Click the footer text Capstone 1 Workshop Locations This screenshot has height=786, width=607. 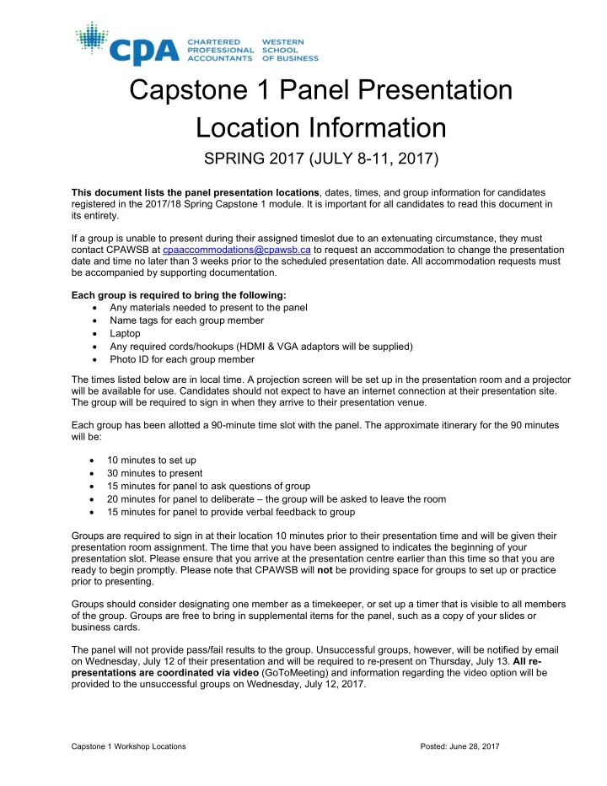129,748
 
